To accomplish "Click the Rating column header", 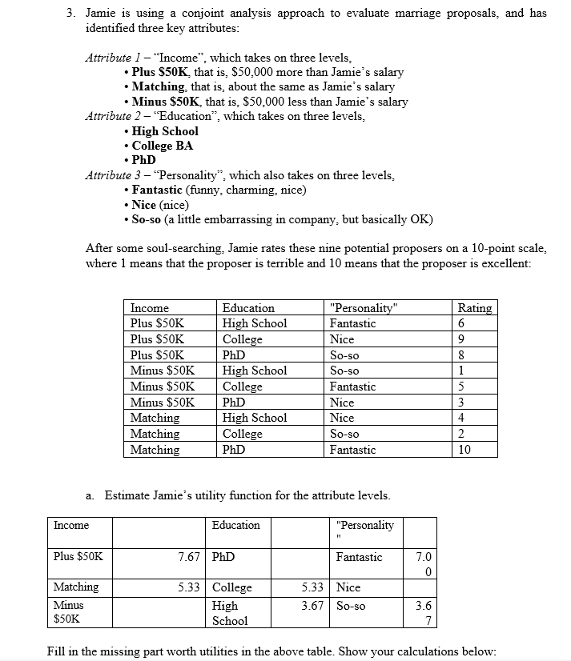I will pos(474,308).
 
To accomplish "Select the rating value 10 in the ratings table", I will pos(464,450).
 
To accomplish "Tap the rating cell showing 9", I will pos(461,339).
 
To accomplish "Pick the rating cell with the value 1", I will pos(461,371).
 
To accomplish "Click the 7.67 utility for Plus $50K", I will pos(188,557).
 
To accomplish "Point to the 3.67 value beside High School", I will pos(312,606).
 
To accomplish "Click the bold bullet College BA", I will pos(162,146).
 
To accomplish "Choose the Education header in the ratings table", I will pos(247,308).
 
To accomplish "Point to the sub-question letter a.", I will pos(89,495).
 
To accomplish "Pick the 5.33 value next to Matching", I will pos(188,587).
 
